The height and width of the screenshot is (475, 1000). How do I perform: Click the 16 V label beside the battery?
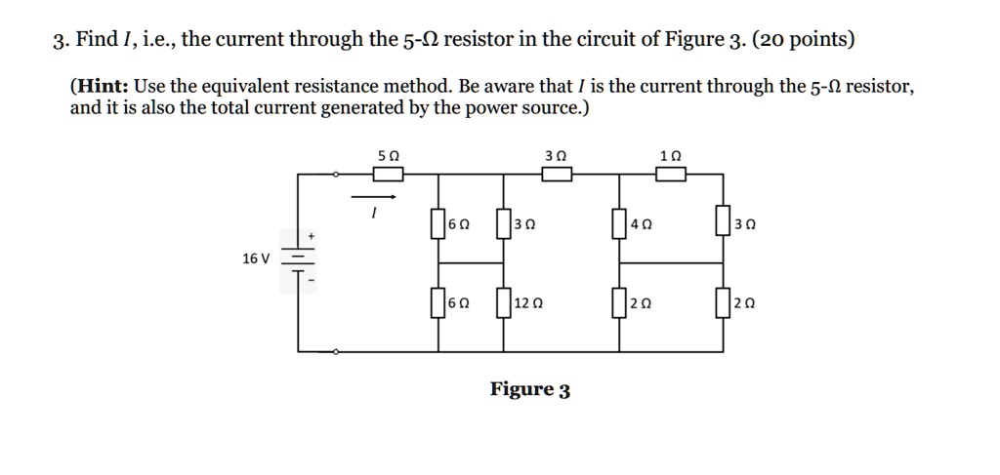click(255, 258)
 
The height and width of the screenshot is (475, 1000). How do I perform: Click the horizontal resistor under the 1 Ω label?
click(670, 175)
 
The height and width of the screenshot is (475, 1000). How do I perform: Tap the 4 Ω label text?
click(641, 224)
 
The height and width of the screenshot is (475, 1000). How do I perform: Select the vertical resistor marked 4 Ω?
click(618, 222)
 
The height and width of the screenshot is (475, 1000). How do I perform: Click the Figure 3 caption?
click(530, 390)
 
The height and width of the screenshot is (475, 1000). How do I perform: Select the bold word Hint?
click(98, 87)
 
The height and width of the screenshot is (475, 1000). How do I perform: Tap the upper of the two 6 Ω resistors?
click(438, 222)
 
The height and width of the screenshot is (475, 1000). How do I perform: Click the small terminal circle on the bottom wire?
click(336, 350)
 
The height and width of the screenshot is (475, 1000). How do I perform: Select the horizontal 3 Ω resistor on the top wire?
click(557, 175)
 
